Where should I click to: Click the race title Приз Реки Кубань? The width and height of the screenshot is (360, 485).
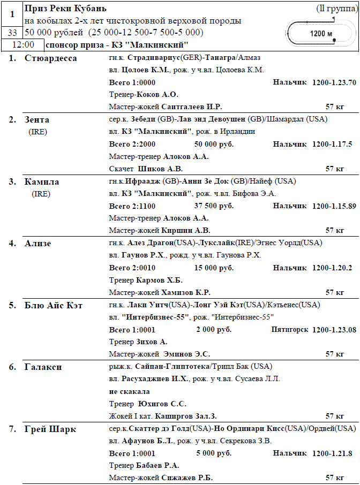65,9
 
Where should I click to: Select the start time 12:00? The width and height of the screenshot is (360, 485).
23,45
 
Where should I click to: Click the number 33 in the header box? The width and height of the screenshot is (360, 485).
12,33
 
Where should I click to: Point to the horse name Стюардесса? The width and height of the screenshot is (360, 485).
51,58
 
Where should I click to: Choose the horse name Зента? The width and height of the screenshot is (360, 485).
37,120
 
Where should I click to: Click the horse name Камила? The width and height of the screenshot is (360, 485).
42,181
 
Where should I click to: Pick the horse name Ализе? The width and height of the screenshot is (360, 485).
37,244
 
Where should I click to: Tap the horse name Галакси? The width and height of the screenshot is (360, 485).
43,367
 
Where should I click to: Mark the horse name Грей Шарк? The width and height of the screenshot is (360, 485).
50,429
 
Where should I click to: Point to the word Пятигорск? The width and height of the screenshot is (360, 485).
289,330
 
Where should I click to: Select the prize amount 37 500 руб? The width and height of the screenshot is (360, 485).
214,206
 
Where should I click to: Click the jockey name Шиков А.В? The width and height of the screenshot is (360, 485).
160,169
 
